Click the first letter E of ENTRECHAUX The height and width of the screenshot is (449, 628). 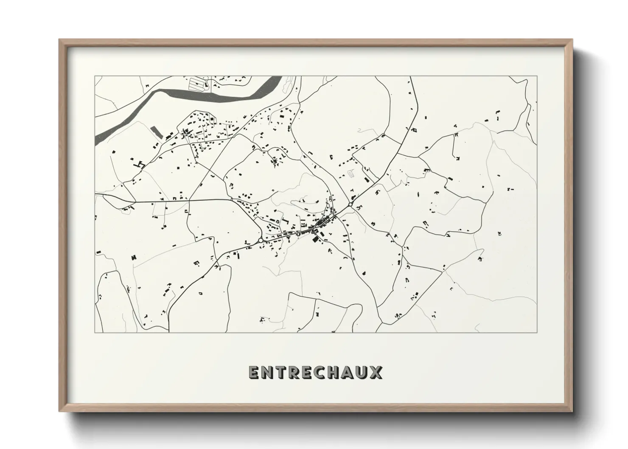(x=253, y=372)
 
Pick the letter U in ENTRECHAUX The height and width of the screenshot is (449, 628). (x=362, y=372)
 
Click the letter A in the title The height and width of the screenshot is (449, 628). (x=348, y=372)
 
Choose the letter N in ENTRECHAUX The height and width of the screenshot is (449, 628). (x=267, y=372)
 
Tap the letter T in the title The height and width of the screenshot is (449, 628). (x=280, y=372)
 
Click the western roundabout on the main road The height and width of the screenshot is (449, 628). (x=260, y=241)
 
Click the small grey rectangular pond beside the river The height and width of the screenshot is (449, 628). (x=156, y=132)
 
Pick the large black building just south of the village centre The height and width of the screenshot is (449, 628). (x=315, y=240)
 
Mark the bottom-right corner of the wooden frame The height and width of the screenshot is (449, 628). (x=572, y=411)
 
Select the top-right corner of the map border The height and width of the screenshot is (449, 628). (x=537, y=76)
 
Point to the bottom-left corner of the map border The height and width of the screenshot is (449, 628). (x=95, y=332)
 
